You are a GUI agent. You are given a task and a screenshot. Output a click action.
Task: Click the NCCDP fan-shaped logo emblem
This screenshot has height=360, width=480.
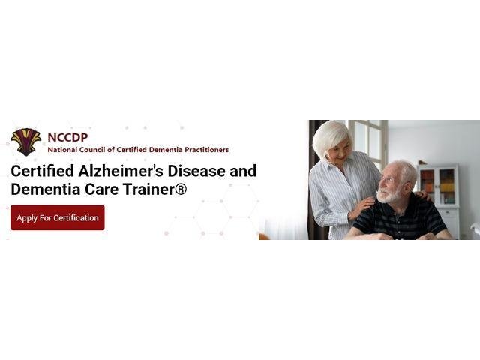25,142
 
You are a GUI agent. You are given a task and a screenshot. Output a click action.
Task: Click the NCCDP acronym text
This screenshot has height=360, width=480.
67,138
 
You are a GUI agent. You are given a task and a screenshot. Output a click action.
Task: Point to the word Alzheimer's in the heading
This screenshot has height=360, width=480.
121,171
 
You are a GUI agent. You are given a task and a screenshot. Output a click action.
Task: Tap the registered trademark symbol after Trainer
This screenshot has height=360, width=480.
181,189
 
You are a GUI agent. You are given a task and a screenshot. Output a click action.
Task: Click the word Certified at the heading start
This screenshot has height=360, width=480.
43,171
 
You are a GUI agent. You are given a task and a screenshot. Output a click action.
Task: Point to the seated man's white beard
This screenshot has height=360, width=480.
388,196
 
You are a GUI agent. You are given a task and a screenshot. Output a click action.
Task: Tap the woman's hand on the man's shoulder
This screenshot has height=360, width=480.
363,205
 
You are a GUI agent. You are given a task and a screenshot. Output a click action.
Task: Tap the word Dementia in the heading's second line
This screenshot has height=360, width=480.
45,189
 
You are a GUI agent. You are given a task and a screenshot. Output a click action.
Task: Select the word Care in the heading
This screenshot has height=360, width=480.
102,189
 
